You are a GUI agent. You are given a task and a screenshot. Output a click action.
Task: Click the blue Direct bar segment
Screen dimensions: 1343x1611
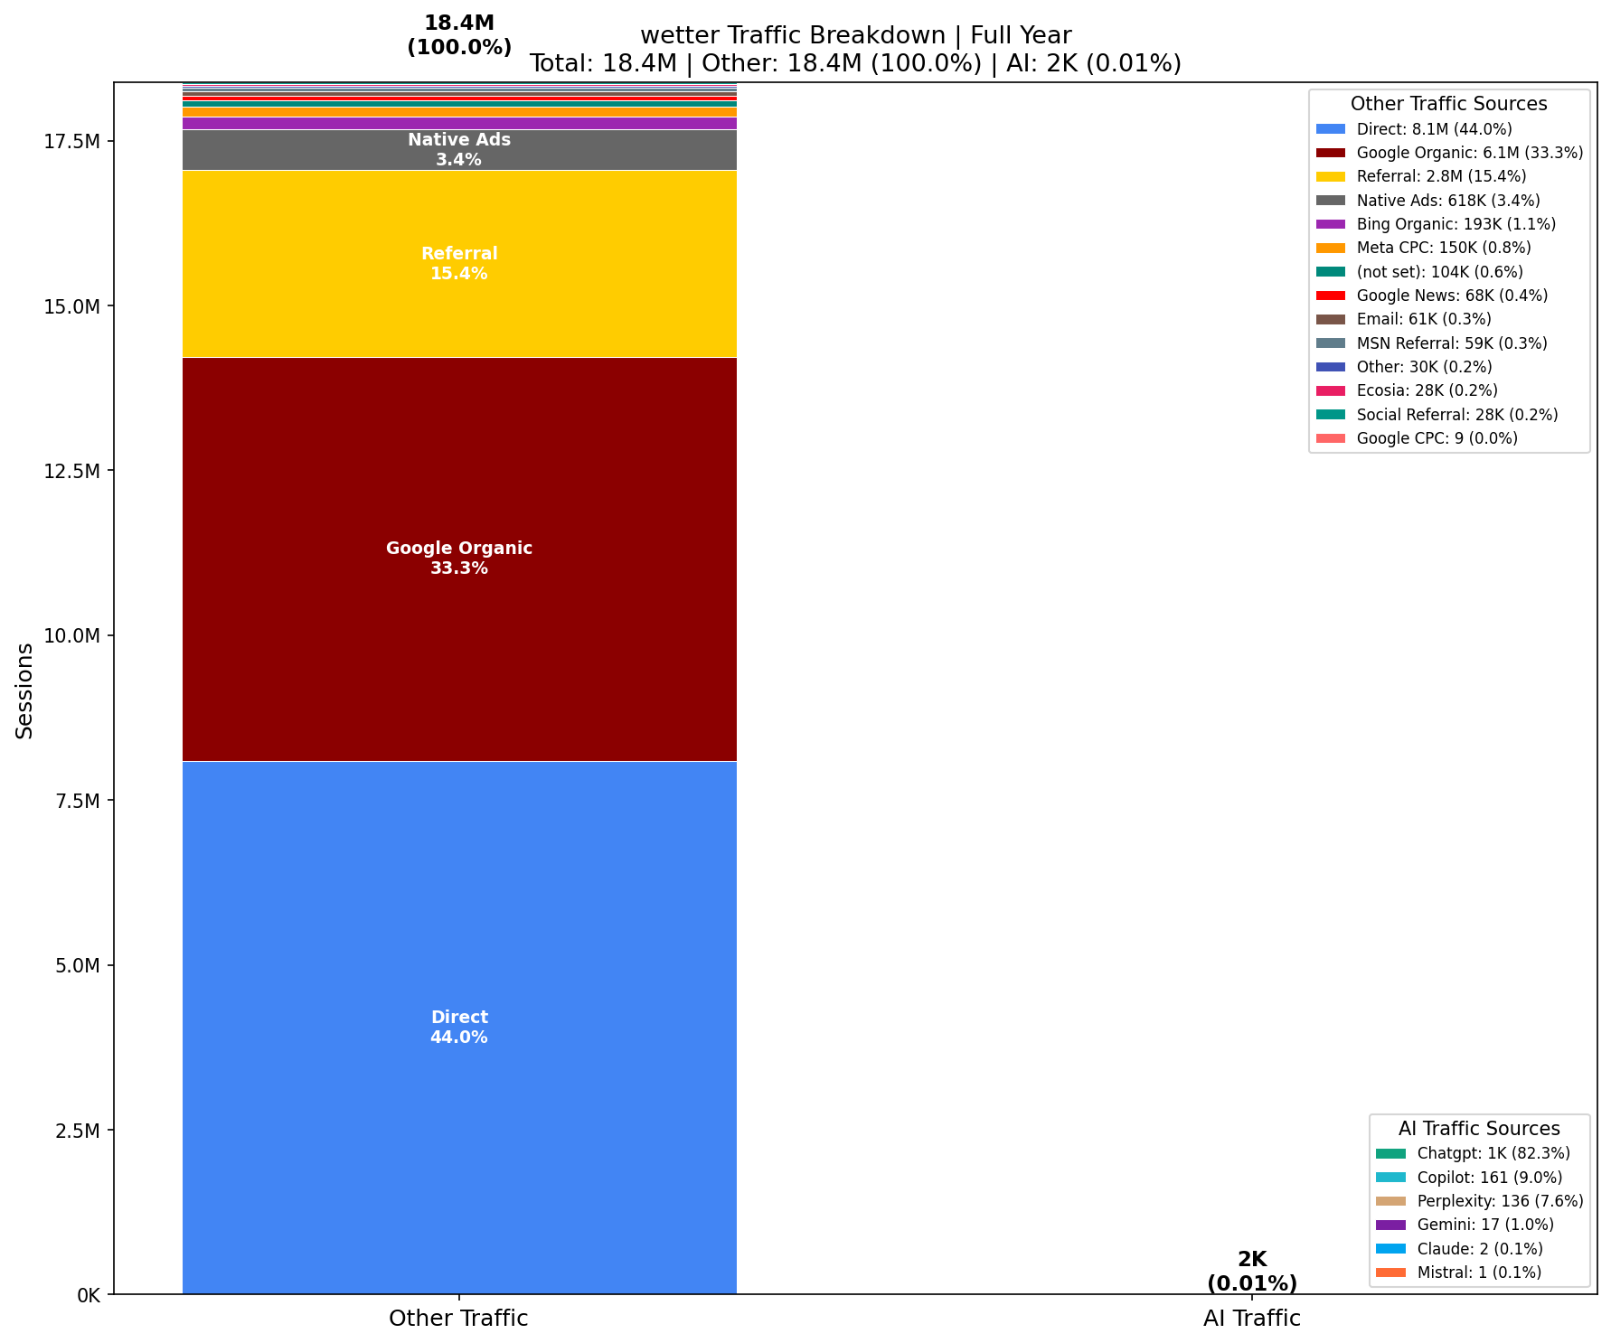459,904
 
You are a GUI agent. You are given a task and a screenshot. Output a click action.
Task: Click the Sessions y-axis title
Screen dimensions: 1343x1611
24,690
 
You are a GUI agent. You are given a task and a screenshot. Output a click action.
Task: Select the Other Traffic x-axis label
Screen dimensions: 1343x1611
458,1319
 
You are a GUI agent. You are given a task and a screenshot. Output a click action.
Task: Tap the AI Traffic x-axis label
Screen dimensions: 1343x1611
1251,1319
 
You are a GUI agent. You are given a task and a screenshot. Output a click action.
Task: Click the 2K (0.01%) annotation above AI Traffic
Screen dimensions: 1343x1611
1251,1271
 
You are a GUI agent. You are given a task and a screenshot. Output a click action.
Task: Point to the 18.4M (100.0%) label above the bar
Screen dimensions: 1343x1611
459,35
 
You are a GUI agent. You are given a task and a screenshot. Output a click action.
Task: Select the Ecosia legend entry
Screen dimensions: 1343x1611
1427,390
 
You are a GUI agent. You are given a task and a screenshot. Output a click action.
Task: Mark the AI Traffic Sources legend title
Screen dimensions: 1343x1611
1479,1129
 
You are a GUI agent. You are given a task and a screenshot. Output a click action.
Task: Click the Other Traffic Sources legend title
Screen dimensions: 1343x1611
1448,104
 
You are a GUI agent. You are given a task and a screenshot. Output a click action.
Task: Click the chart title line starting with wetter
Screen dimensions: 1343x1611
855,36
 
